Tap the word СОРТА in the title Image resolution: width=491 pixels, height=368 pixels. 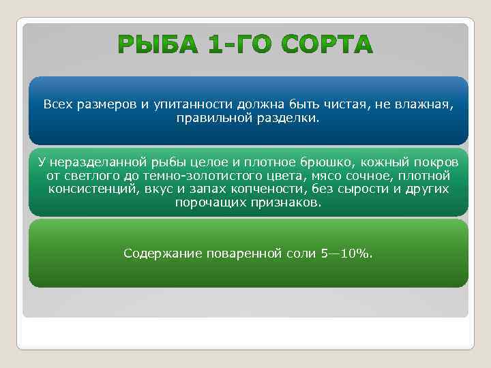327,46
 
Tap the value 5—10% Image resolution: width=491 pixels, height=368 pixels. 346,254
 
